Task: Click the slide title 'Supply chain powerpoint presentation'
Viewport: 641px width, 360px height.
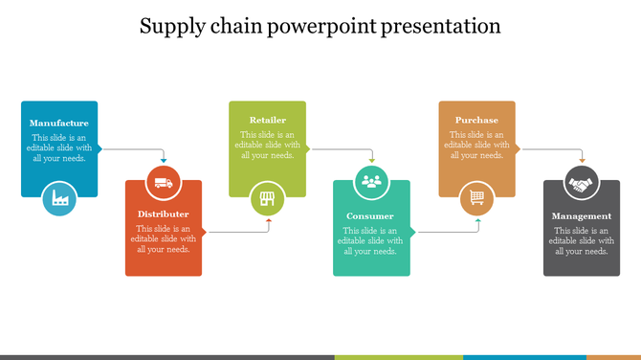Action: coord(320,26)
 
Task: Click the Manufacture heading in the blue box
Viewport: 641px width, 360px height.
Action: coord(59,123)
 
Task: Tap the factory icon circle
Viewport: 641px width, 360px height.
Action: coord(59,198)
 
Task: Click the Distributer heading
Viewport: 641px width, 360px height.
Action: coord(164,214)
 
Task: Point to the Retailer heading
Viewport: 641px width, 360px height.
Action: coord(268,120)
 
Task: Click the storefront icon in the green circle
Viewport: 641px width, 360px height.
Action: coord(268,200)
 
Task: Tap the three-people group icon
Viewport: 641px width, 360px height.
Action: coord(371,181)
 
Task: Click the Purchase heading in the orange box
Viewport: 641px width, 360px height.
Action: coord(476,120)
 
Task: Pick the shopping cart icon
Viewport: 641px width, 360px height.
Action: coord(476,199)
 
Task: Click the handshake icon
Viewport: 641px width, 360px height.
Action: coord(582,182)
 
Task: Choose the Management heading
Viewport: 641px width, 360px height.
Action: coord(582,215)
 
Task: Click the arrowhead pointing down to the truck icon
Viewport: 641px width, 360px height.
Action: coord(164,161)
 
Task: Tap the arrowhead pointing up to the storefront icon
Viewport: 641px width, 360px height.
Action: coord(268,220)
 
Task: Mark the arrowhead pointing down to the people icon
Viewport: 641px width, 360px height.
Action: coord(371,160)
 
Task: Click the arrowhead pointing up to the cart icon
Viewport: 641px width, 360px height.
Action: coord(477,220)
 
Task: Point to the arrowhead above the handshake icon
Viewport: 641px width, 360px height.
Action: coord(582,160)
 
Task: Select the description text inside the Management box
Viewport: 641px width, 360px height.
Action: coord(582,240)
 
